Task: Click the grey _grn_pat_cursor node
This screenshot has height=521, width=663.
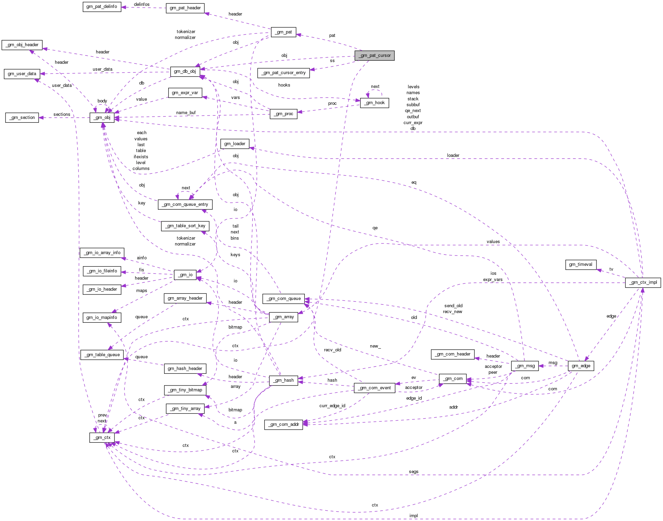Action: click(x=374, y=56)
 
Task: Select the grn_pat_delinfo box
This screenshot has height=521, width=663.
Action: click(x=102, y=7)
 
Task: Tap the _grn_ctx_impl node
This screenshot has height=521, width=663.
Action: click(x=643, y=282)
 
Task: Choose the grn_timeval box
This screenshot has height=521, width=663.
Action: click(x=581, y=264)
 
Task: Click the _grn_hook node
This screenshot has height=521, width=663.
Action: click(x=374, y=103)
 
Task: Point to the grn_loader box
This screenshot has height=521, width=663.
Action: click(x=234, y=144)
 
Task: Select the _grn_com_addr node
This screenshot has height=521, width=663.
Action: click(x=283, y=424)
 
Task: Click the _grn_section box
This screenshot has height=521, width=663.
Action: click(x=22, y=118)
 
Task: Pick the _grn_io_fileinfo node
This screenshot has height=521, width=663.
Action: click(x=102, y=271)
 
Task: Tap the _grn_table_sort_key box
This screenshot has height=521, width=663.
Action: click(x=185, y=226)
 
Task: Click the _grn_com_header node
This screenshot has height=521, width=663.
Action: click(x=452, y=354)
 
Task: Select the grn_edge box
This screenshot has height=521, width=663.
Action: click(x=581, y=366)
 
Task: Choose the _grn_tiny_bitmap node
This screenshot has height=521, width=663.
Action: click(x=185, y=390)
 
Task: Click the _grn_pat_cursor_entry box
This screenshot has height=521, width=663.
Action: click(x=283, y=73)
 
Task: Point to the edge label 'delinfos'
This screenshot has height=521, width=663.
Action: click(x=142, y=4)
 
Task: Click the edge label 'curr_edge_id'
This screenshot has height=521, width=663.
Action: click(x=332, y=406)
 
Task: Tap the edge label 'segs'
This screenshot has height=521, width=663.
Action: click(x=413, y=472)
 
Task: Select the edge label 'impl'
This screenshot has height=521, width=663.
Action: click(x=413, y=516)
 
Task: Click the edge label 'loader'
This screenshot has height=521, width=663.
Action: click(x=453, y=156)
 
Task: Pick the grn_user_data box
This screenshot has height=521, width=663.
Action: click(x=22, y=74)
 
